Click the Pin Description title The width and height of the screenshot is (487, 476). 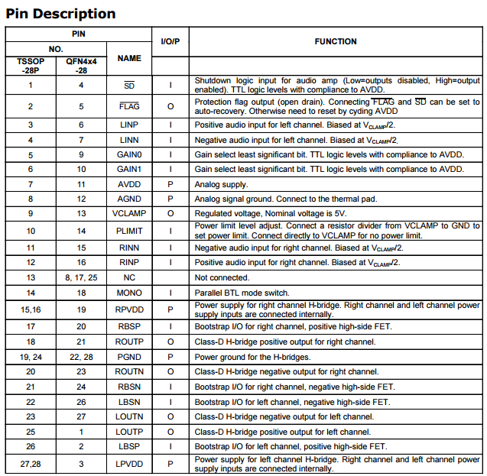(x=61, y=14)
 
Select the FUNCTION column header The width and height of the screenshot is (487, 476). (x=335, y=41)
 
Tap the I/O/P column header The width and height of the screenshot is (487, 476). (x=170, y=41)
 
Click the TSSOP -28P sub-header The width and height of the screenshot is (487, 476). (x=31, y=65)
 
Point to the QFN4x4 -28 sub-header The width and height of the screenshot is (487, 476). (x=80, y=65)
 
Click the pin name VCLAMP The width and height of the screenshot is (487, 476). (x=129, y=213)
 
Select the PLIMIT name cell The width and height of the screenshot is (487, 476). (x=129, y=231)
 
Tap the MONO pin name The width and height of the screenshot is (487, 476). (x=129, y=293)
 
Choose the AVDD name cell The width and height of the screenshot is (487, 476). (x=129, y=184)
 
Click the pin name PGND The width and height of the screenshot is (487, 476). (x=129, y=356)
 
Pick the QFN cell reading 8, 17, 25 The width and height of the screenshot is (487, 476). (x=80, y=277)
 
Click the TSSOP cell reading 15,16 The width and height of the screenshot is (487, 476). (x=31, y=309)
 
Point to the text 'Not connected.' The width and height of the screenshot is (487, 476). (x=222, y=277)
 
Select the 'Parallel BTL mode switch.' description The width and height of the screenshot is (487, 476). (x=242, y=293)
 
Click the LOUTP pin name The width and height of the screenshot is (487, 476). (x=129, y=432)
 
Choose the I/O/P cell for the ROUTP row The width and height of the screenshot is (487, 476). (x=170, y=342)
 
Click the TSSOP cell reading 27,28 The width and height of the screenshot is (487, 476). (x=31, y=463)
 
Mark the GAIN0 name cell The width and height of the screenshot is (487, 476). (x=129, y=154)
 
